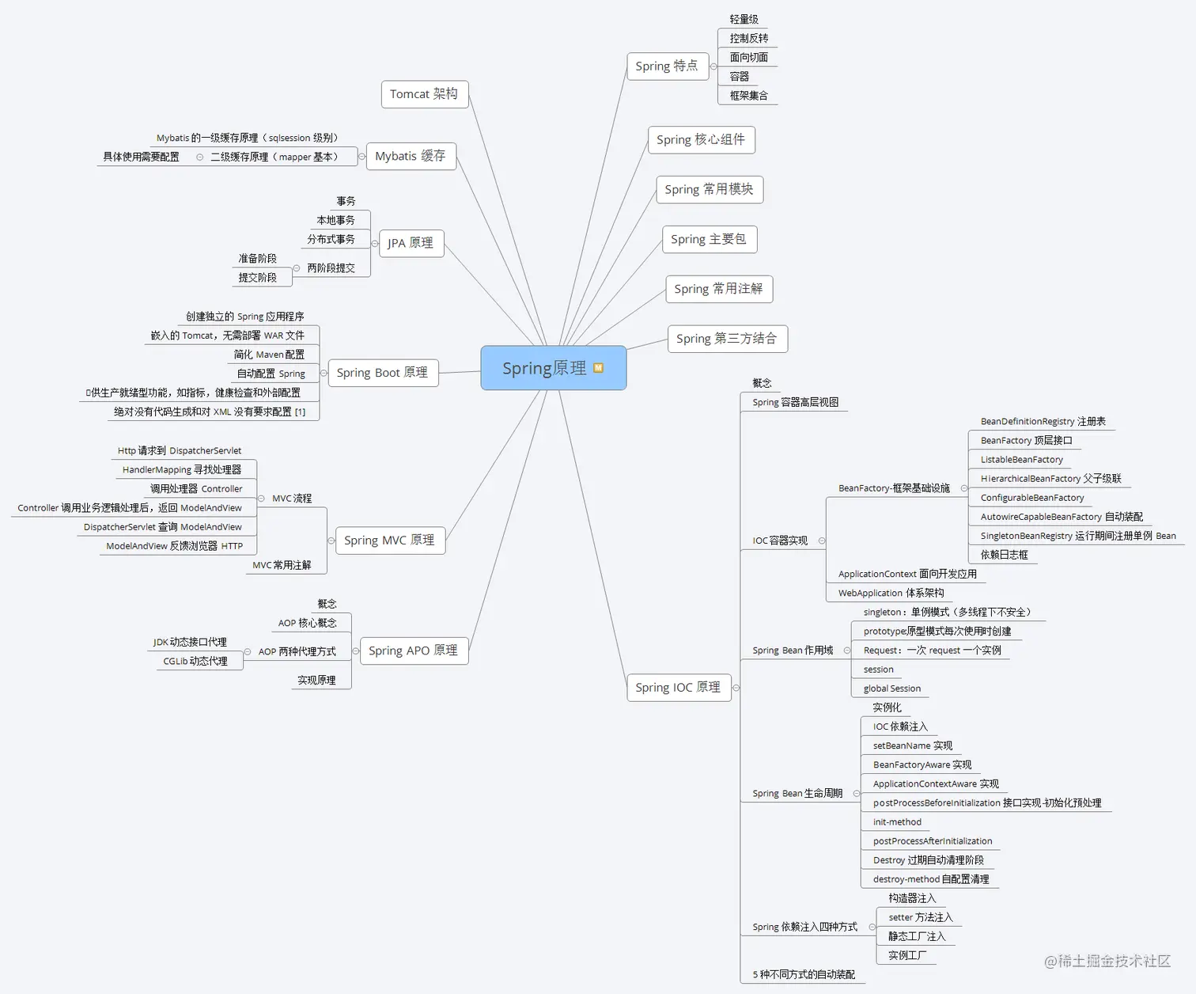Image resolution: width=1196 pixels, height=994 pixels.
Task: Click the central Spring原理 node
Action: (544, 368)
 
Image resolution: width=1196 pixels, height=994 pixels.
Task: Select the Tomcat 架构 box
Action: (424, 94)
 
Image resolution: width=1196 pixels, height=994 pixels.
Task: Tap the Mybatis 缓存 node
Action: (411, 156)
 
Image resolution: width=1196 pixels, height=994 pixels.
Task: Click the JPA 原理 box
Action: (411, 243)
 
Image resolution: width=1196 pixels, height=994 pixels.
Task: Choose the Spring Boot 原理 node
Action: (382, 373)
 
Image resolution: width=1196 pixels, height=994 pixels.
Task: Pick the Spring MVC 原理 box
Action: (389, 541)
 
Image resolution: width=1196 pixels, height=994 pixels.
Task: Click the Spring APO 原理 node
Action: (413, 651)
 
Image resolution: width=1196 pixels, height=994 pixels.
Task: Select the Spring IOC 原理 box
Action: (678, 688)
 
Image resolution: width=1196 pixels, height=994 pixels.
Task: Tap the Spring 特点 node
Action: (667, 66)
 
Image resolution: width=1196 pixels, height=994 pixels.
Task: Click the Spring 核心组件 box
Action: (701, 140)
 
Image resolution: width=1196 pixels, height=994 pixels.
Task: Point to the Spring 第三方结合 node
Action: (726, 339)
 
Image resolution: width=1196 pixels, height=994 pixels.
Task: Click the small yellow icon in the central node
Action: (599, 368)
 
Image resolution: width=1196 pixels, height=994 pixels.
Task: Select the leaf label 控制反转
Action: (749, 38)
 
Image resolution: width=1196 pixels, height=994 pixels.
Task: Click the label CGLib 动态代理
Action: (195, 662)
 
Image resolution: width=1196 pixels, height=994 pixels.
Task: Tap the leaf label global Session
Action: (892, 689)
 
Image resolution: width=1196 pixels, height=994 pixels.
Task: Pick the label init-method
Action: (897, 822)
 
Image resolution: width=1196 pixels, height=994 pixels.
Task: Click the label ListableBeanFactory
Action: (1022, 460)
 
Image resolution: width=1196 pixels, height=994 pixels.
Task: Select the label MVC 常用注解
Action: (282, 565)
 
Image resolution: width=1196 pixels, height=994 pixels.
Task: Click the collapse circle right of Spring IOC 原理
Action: (736, 688)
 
